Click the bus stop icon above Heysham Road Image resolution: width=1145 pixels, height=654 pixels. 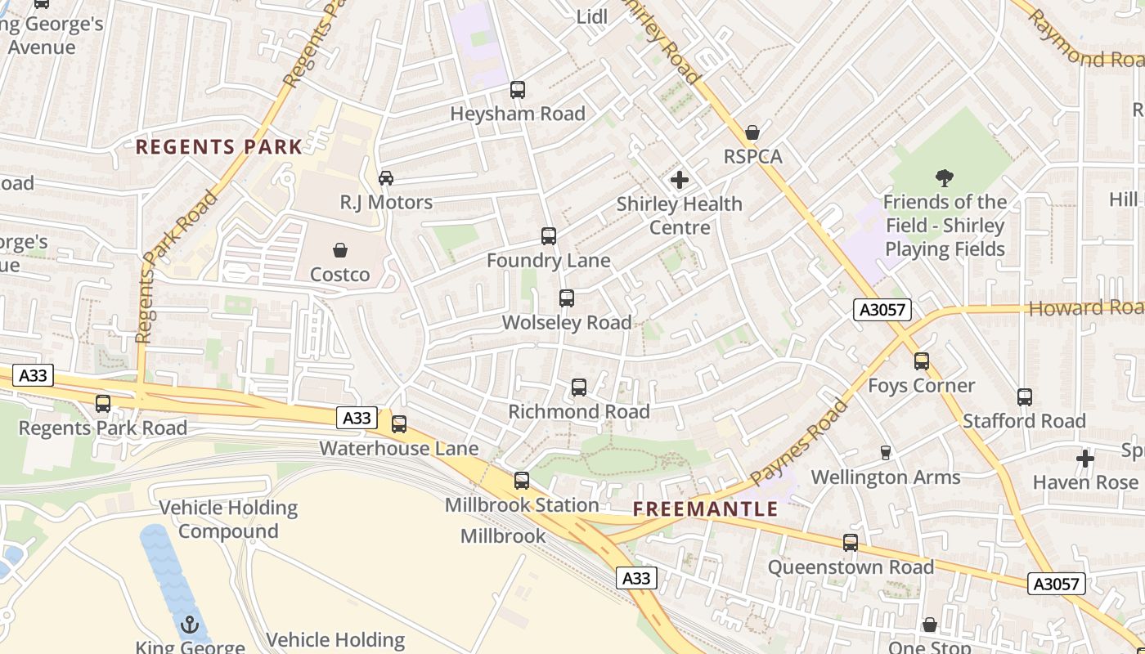(517, 90)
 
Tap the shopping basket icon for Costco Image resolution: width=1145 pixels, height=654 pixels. (339, 250)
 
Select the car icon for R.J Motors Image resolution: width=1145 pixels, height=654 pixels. (386, 178)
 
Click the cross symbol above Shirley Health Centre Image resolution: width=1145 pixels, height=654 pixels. (679, 180)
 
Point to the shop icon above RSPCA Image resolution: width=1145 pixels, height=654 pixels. (752, 132)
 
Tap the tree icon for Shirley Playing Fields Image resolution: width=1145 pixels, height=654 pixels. (945, 177)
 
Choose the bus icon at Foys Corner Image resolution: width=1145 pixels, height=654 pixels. (922, 361)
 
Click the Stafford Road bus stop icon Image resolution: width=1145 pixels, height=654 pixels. (1024, 397)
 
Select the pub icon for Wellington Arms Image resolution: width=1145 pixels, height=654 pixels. (885, 452)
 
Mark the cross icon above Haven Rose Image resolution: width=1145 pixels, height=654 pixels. (1084, 459)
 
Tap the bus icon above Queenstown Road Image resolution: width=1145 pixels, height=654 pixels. (851, 543)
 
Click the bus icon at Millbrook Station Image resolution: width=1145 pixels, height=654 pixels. (522, 481)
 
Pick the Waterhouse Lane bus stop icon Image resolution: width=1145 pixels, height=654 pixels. (399, 424)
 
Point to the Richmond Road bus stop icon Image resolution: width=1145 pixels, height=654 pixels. (579, 387)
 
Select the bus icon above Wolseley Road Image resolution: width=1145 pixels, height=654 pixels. (567, 298)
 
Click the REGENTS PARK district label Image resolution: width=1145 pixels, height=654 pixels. (218, 147)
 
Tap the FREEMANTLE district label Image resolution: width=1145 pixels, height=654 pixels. (706, 509)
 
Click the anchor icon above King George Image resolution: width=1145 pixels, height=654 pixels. (190, 625)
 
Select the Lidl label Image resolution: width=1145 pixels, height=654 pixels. (592, 17)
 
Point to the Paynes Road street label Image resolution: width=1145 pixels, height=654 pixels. (799, 442)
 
